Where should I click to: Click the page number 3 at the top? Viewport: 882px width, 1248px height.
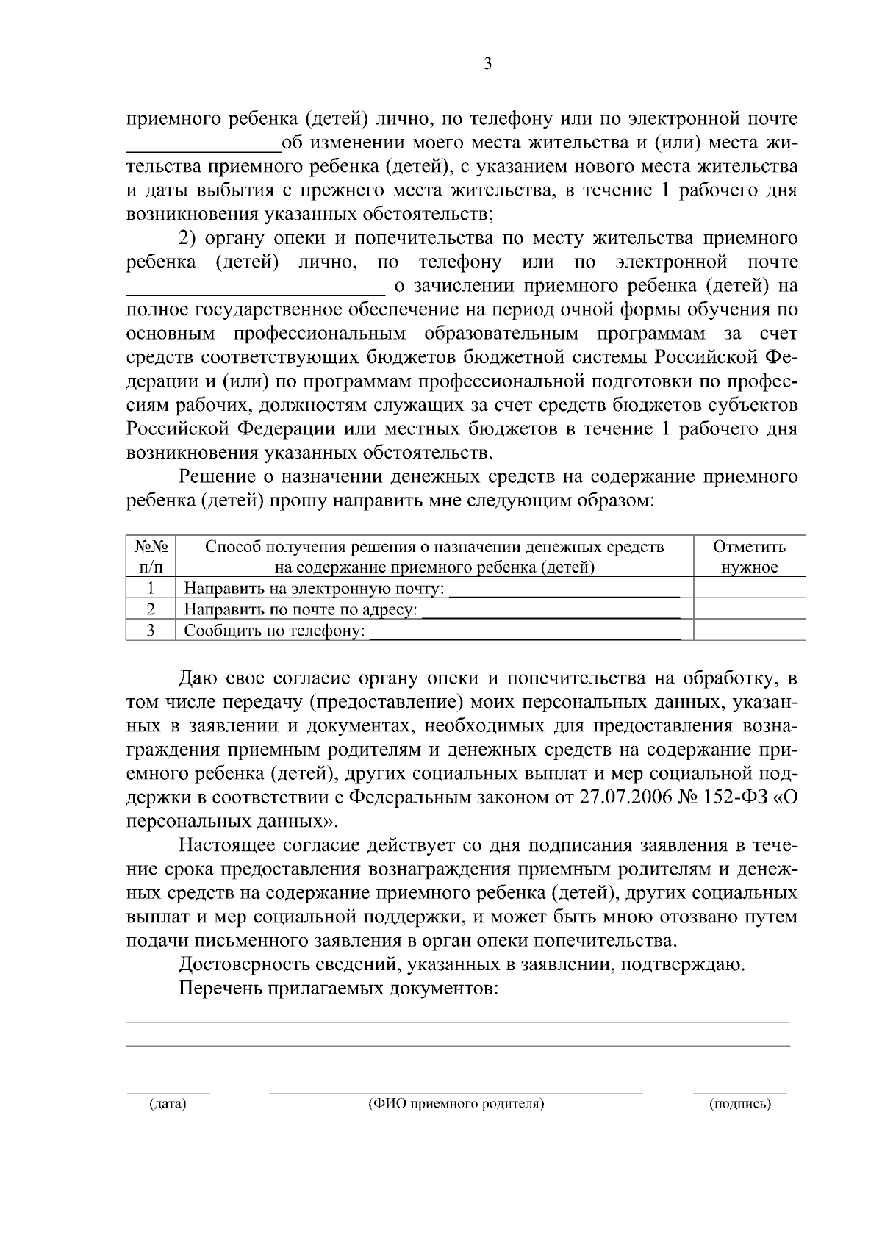(x=488, y=64)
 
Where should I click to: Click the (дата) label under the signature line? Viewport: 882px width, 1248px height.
(x=168, y=1104)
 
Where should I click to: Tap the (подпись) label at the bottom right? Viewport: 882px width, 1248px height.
(x=739, y=1104)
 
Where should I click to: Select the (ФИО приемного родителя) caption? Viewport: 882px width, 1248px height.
(x=456, y=1104)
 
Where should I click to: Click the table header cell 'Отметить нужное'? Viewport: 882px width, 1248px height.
(x=749, y=556)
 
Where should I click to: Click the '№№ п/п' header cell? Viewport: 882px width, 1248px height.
(x=151, y=556)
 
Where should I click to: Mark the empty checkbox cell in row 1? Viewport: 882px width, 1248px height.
(x=749, y=588)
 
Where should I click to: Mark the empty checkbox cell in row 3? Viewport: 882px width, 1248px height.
(x=749, y=631)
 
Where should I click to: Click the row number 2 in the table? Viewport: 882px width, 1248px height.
(x=151, y=609)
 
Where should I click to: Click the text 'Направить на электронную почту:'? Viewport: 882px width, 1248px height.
(x=314, y=589)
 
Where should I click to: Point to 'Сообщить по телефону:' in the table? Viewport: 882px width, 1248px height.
(x=274, y=631)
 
